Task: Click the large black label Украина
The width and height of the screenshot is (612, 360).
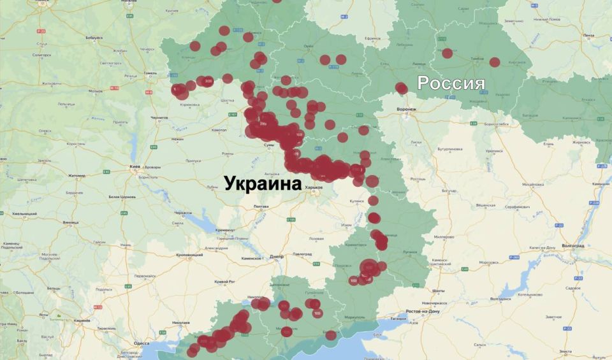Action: click(262, 184)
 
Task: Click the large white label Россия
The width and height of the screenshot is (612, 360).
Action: click(451, 83)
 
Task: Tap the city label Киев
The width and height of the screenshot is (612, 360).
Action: click(135, 166)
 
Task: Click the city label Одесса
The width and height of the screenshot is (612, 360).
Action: click(141, 343)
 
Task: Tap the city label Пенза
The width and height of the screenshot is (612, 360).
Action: click(587, 35)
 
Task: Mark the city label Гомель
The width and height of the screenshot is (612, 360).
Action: click(150, 73)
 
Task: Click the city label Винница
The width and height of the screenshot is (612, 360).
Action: click(71, 222)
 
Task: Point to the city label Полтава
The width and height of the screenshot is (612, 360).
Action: click(261, 206)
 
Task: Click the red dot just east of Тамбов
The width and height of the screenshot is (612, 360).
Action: click(495, 62)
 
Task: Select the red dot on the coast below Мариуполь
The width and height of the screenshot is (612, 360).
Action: click(331, 335)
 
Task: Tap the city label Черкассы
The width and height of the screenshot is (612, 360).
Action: click(184, 211)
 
